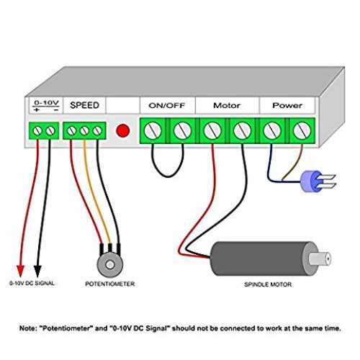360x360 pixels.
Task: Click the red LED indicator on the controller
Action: (123, 130)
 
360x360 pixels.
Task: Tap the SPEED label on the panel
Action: (84, 105)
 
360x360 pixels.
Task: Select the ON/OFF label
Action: (167, 105)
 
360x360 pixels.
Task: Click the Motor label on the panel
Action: (227, 105)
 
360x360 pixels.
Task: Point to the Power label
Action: (287, 105)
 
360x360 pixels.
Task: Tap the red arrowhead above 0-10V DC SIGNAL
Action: (21, 271)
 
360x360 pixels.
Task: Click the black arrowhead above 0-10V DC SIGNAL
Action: (37, 271)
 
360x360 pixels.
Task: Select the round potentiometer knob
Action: (110, 264)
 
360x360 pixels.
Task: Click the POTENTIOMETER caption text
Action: (110, 284)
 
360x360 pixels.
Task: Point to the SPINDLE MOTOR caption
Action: (268, 284)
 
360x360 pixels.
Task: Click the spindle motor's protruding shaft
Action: (320, 258)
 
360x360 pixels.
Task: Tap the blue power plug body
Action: (311, 181)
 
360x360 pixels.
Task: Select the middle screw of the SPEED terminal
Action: (84, 131)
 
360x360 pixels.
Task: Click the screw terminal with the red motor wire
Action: (212, 130)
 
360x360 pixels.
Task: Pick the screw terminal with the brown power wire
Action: (302, 130)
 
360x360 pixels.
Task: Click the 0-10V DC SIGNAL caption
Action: (32, 283)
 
